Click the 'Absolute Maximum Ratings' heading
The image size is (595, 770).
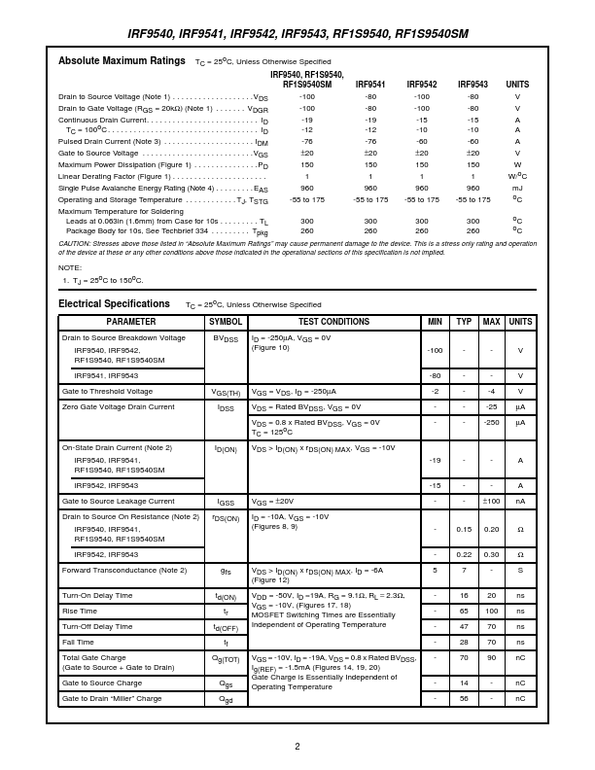(122, 60)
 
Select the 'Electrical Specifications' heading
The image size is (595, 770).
(114, 303)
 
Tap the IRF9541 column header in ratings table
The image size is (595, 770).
(370, 85)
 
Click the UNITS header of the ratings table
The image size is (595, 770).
(517, 85)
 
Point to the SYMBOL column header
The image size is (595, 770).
(226, 322)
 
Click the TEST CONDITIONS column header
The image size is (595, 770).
(333, 322)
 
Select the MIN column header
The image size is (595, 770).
(435, 322)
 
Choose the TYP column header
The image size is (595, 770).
(464, 322)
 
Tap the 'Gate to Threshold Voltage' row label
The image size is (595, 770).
(107, 391)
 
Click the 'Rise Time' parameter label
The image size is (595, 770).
(79, 611)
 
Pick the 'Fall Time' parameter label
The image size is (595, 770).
(78, 642)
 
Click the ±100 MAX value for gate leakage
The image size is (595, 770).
(491, 501)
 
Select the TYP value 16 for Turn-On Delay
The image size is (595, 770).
(464, 595)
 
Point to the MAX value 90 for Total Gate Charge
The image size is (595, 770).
(491, 658)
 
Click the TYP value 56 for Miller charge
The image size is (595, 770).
(464, 698)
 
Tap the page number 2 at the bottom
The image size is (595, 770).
(297, 746)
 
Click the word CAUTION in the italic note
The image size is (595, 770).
(75, 243)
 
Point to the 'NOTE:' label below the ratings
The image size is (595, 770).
(70, 266)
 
